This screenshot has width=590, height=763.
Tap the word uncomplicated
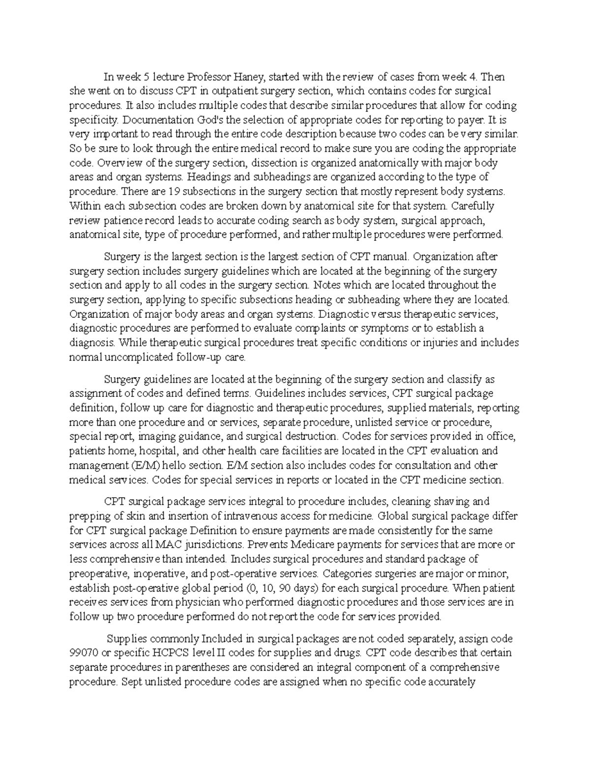[138, 357]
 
